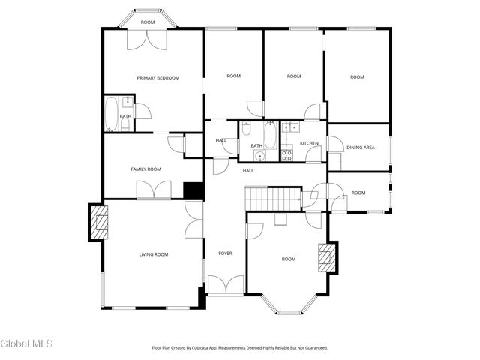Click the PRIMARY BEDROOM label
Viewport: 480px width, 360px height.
[x=157, y=77]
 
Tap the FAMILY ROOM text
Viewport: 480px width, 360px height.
[x=146, y=169]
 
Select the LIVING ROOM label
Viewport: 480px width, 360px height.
[x=153, y=254]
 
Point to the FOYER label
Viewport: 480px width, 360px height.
[x=225, y=253]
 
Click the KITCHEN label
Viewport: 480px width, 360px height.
[x=309, y=143]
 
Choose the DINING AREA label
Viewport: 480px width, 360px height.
[x=360, y=148]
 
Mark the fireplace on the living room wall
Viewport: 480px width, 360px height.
[x=99, y=222]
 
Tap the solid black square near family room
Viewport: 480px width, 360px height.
[x=193, y=190]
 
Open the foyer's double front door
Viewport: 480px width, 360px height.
[x=225, y=285]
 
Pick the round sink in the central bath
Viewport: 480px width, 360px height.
[x=259, y=156]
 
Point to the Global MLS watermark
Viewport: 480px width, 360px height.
[x=27, y=343]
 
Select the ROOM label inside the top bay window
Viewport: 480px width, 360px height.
[x=148, y=22]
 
